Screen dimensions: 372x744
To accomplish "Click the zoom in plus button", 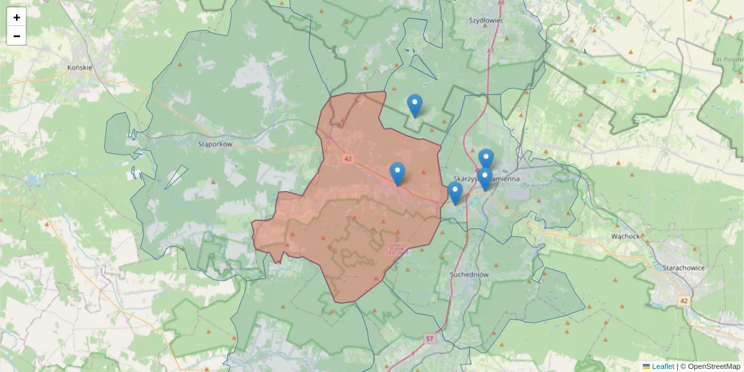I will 17,17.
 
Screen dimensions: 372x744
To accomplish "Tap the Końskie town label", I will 80,67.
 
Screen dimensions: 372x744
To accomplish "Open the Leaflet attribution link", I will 663,366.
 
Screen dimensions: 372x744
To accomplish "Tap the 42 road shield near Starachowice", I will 684,301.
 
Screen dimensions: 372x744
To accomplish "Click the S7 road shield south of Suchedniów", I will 430,339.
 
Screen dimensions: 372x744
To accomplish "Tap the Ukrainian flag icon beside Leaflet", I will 646,366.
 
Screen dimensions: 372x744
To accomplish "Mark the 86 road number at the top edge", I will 501,3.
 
